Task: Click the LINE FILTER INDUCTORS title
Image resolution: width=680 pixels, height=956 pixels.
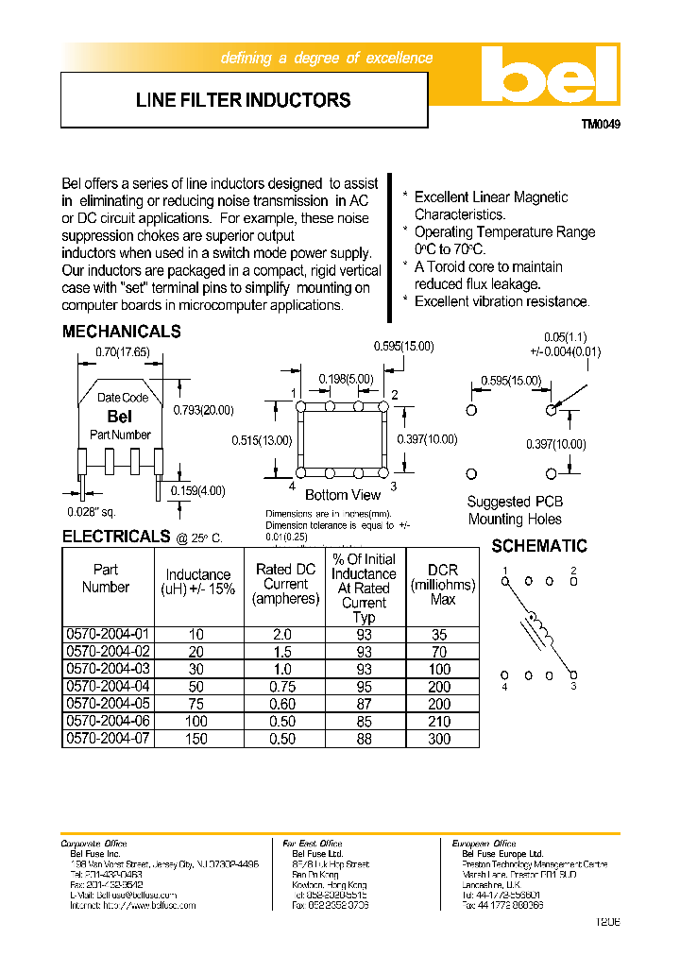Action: click(x=243, y=100)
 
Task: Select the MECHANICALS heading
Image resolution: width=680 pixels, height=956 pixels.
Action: click(x=121, y=332)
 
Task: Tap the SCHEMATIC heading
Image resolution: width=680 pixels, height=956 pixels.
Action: click(x=539, y=546)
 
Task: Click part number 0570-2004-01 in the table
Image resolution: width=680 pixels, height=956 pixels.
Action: click(x=107, y=635)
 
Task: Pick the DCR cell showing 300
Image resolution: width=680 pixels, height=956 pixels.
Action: click(x=440, y=739)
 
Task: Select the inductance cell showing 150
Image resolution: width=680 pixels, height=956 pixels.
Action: click(x=197, y=739)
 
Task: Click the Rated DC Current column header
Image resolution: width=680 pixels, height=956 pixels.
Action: click(x=285, y=584)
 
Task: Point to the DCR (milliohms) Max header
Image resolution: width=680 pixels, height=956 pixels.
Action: click(x=442, y=584)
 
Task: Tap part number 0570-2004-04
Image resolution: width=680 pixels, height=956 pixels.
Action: click(x=107, y=687)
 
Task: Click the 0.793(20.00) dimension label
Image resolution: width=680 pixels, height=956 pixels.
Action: click(x=203, y=410)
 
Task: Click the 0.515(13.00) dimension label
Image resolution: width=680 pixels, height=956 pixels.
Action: click(x=262, y=440)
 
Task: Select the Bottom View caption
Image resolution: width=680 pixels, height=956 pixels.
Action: click(x=343, y=495)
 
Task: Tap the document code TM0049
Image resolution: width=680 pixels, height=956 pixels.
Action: click(x=601, y=124)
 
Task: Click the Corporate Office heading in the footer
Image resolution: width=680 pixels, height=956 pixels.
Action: click(x=93, y=844)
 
